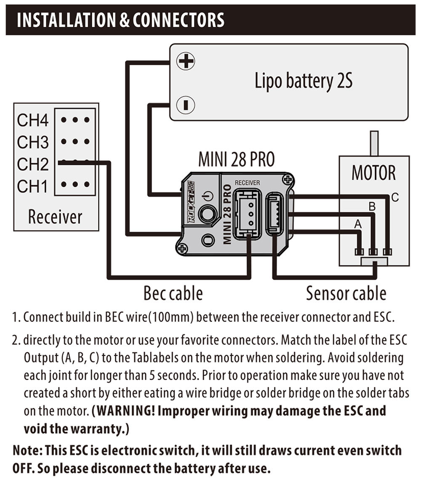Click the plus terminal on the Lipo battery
coord(185,62)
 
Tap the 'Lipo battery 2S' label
coord(303,81)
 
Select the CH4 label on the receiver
coord(33,121)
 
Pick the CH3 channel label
coord(33,143)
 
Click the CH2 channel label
coord(33,164)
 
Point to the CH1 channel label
coord(33,186)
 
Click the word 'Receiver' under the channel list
coord(55,217)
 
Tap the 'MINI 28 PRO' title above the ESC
coord(236,160)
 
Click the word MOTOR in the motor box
coord(374,173)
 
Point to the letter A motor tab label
coord(358,225)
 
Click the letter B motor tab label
coord(372,207)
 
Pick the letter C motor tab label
coord(394,196)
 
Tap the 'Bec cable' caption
coord(173,293)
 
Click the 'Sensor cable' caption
coord(346,293)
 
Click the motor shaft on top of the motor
coord(373,143)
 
